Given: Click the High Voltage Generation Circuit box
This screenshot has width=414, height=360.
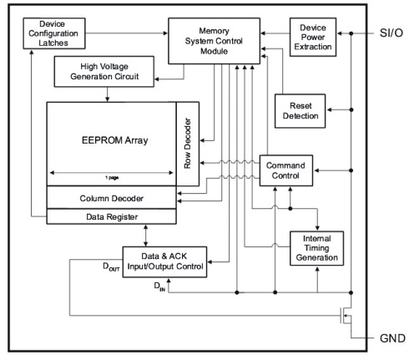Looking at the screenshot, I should point(107,73).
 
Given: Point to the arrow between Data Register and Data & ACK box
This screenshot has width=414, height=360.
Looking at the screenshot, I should point(148,235).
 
